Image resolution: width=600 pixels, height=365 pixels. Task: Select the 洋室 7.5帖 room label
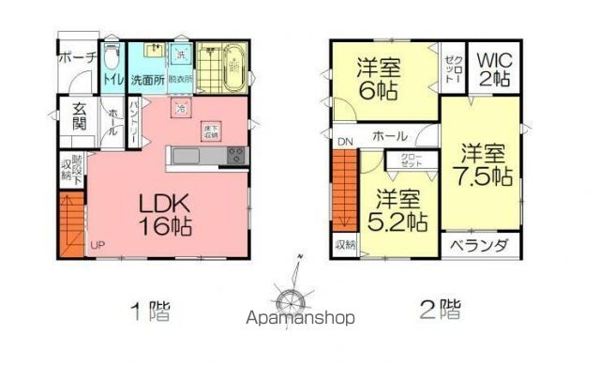click(x=483, y=164)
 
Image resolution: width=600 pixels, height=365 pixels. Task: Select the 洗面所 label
click(x=147, y=80)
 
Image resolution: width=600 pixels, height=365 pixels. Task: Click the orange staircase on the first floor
click(x=72, y=224)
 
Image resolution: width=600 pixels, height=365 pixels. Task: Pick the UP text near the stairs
click(x=97, y=246)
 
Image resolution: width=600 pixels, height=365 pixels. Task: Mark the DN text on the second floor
click(x=345, y=142)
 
